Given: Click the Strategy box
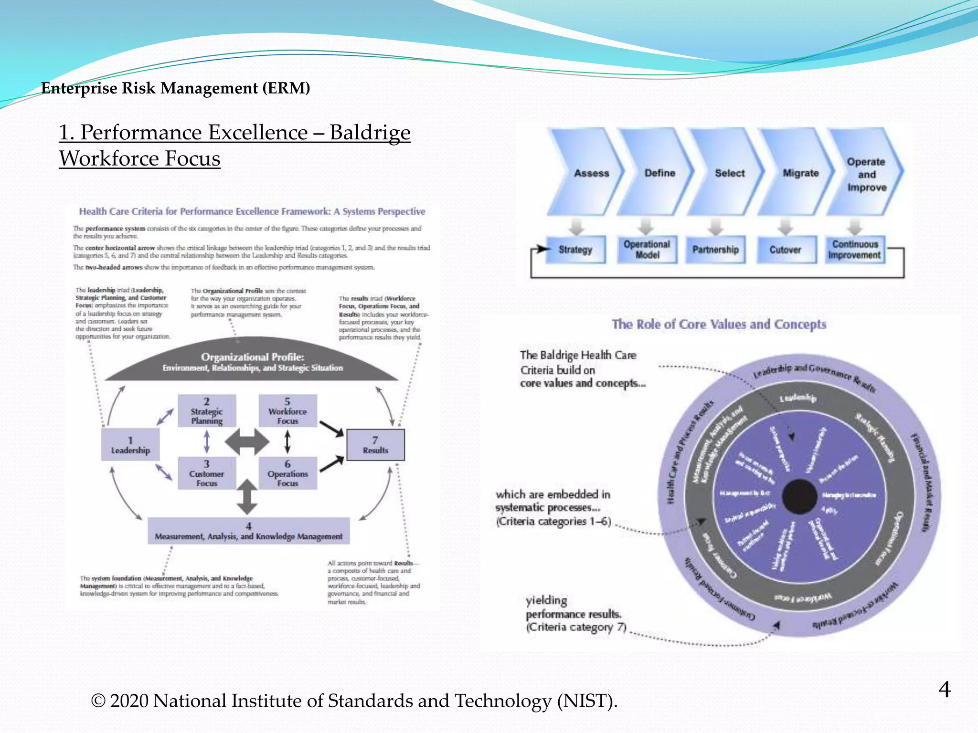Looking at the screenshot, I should click(x=575, y=250).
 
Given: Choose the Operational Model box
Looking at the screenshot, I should click(x=647, y=249).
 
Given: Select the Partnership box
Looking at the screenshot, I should click(x=715, y=250).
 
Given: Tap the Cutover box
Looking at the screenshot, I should click(x=786, y=250).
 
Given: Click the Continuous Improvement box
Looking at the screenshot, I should click(x=855, y=250).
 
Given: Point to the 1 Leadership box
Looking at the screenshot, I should click(x=130, y=445).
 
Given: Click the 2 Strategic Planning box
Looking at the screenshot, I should click(x=207, y=411).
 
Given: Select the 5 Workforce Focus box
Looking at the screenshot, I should click(x=287, y=411).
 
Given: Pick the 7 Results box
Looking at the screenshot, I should click(x=375, y=445).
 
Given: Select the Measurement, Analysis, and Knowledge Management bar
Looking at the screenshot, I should click(x=248, y=531).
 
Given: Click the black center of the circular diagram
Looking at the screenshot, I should click(x=800, y=497).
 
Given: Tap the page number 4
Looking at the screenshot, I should click(x=944, y=690).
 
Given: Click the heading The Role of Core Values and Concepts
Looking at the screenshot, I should click(x=719, y=325).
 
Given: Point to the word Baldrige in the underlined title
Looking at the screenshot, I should click(x=370, y=133).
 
